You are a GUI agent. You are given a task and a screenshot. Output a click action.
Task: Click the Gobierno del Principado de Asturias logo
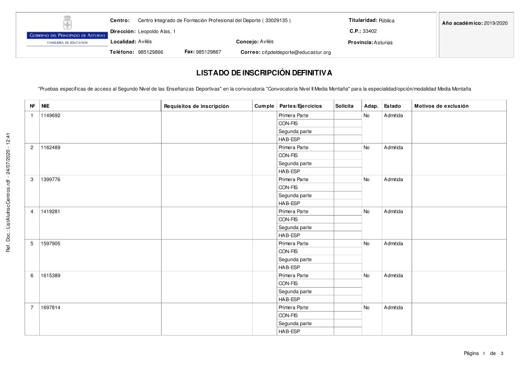[67, 32]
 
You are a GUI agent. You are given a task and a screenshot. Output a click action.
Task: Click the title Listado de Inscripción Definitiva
[264, 73]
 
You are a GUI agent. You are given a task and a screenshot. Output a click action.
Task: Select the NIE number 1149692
[51, 115]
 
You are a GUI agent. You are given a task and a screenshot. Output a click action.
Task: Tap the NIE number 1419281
[51, 211]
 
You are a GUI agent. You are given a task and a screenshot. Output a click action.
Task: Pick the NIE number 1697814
[51, 307]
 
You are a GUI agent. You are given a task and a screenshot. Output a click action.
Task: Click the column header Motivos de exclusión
[441, 106]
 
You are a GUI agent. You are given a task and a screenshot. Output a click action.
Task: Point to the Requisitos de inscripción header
[196, 106]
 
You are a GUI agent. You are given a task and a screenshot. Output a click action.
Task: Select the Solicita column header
[344, 106]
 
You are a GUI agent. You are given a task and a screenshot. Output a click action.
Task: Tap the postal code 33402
[370, 31]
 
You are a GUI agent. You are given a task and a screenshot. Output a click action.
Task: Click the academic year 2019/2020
[496, 23]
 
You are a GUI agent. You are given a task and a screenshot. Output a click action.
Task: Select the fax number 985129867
[208, 52]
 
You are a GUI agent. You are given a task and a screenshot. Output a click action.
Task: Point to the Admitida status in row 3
[393, 180]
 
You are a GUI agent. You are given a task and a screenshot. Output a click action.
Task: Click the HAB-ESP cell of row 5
[289, 267]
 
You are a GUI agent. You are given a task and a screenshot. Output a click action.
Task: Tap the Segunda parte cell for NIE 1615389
[294, 291]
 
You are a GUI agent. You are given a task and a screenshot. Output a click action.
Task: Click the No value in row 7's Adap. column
[366, 307]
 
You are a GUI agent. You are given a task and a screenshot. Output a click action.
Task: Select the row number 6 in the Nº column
[32, 276]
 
